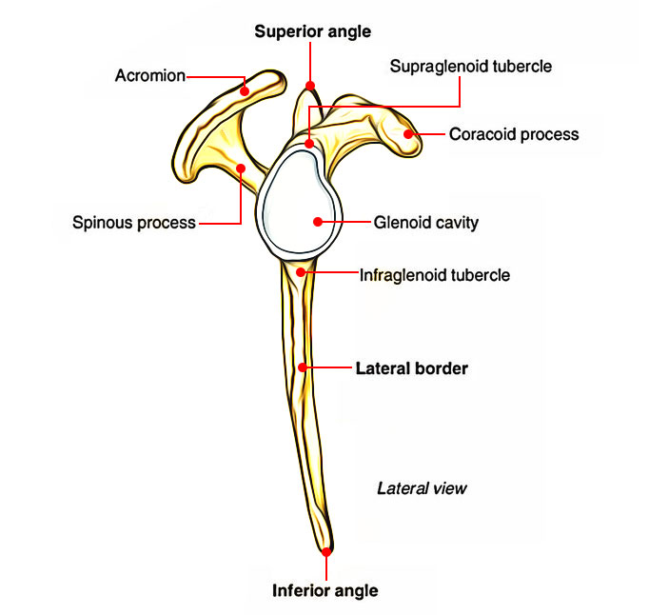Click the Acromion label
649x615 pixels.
149,75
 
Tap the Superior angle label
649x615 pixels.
312,31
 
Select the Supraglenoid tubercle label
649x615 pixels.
470,68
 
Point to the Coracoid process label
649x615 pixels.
514,134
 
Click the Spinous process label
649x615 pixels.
133,224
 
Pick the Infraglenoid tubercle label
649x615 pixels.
435,275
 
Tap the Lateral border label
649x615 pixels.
411,367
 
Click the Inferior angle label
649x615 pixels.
325,590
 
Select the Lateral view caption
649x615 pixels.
423,488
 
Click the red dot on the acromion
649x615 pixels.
245,91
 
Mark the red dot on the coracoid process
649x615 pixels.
409,134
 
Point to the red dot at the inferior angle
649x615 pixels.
326,551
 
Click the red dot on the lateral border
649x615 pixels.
302,367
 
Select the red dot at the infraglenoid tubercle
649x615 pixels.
301,273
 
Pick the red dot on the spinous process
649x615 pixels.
241,169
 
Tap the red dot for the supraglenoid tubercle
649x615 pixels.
310,144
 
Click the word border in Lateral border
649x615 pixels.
442,367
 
